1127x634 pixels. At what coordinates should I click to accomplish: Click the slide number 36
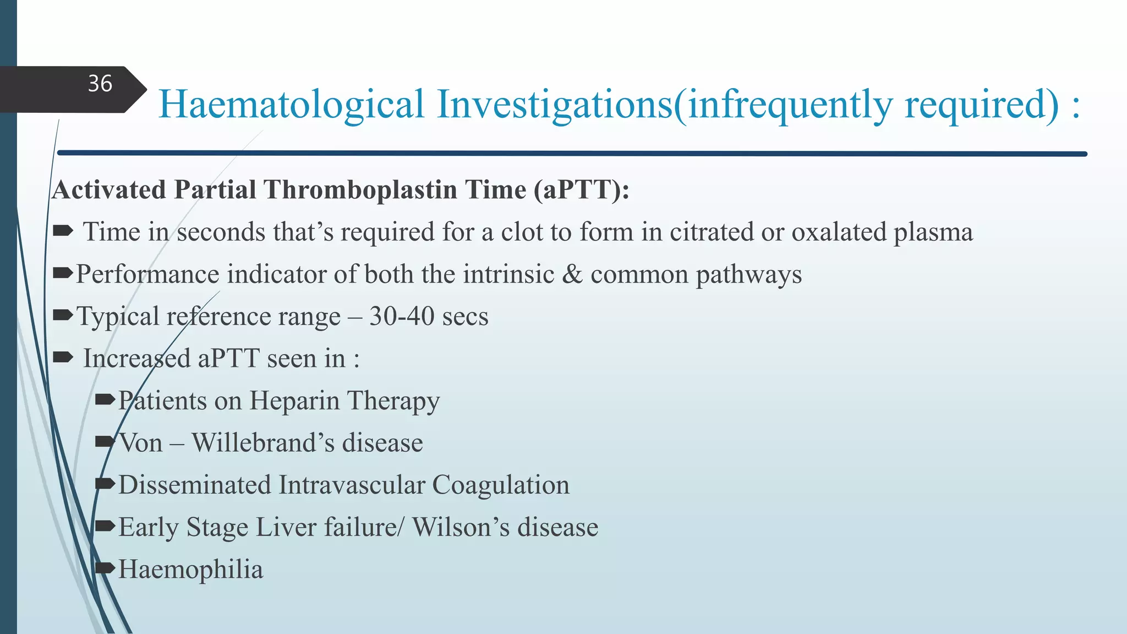click(x=100, y=84)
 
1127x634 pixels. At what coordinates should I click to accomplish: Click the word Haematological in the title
click(x=291, y=105)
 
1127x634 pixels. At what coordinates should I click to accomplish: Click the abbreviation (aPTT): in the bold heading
click(x=582, y=190)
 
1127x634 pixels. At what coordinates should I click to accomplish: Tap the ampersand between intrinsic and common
click(x=572, y=274)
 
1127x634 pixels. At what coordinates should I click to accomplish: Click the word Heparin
click(x=294, y=401)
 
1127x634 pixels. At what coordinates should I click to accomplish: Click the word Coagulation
click(x=501, y=485)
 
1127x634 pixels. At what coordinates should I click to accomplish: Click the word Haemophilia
click(x=190, y=570)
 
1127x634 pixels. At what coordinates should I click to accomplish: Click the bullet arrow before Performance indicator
click(x=63, y=273)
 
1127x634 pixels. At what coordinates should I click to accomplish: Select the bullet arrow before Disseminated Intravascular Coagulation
click(x=105, y=484)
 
